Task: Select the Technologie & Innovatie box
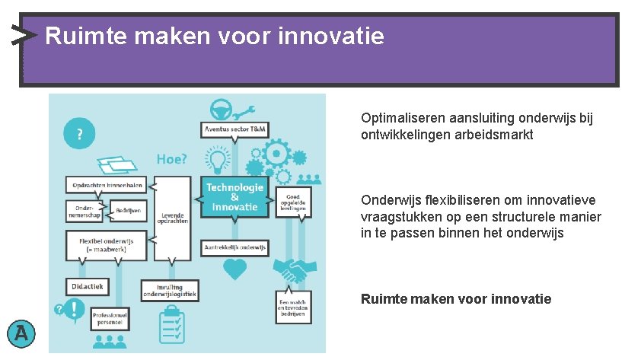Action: (235, 197)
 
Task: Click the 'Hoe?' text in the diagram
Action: (171, 159)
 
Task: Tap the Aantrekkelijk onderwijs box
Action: (234, 247)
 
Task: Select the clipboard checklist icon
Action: (171, 326)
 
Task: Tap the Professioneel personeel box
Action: (108, 318)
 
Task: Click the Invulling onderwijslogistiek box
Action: (171, 290)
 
